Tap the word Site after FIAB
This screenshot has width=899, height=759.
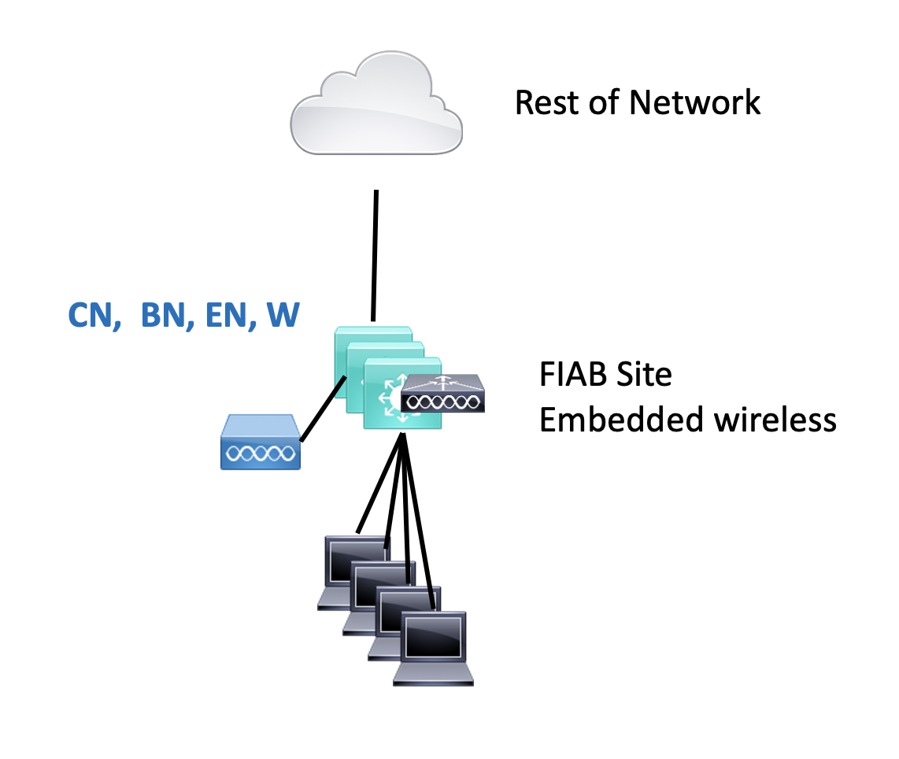tap(645, 375)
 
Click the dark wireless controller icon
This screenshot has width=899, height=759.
tap(442, 394)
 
